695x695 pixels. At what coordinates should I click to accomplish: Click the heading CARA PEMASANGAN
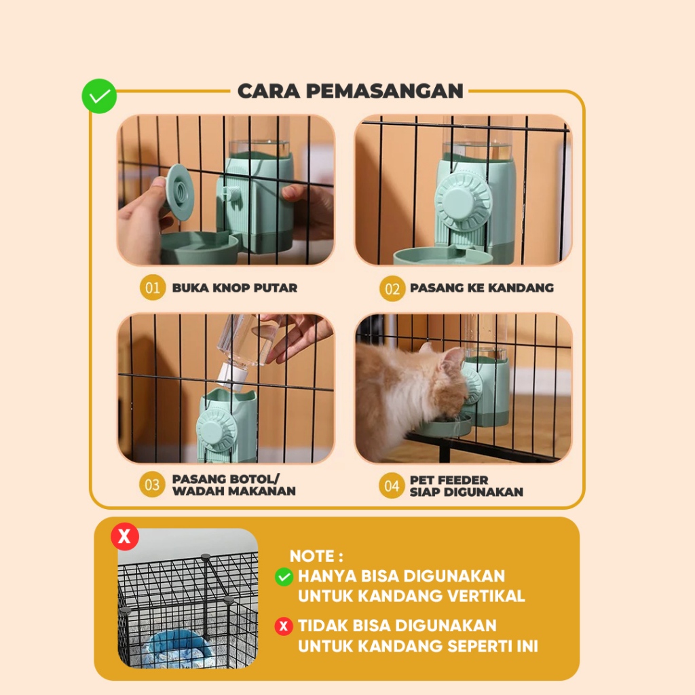350,91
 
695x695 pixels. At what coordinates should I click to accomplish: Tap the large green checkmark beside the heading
99,96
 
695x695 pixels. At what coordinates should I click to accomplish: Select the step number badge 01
153,288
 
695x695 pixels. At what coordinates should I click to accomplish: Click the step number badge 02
392,288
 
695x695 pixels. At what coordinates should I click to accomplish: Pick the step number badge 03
152,485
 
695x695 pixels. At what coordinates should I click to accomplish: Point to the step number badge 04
392,486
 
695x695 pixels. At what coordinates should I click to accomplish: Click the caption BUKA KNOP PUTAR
234,288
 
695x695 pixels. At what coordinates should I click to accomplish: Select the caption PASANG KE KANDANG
482,288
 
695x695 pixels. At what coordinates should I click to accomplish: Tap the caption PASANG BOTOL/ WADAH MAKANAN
234,485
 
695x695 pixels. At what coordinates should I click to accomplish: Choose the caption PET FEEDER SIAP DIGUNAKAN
466,486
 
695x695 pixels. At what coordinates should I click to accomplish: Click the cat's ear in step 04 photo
453,355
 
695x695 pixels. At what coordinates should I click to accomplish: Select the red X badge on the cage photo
125,537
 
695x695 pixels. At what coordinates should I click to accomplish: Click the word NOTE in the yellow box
312,557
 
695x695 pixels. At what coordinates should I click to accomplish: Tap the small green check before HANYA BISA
284,577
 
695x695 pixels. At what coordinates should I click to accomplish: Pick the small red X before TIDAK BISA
284,626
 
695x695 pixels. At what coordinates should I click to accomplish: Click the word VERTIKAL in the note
486,596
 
